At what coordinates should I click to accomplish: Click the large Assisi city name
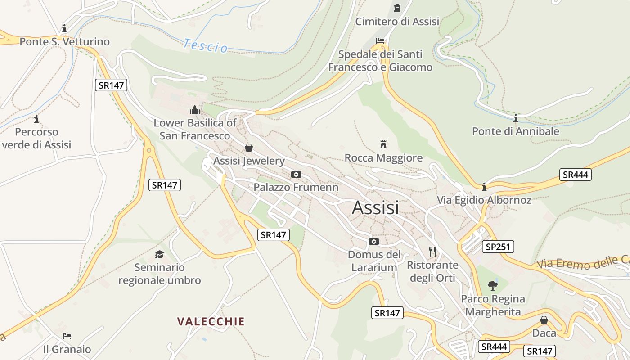[375, 207]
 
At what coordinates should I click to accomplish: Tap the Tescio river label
[206, 45]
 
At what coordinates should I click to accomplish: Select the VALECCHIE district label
[211, 321]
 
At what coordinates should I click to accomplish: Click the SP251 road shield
[498, 247]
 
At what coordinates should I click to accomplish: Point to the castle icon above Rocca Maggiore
[383, 144]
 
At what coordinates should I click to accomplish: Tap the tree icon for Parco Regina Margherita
[493, 285]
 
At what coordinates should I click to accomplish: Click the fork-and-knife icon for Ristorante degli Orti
[432, 251]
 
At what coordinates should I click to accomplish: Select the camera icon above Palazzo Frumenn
[296, 174]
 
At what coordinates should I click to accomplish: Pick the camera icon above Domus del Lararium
[373, 241]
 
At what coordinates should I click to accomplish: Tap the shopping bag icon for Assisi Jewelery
[249, 148]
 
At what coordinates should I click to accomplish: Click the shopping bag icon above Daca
[544, 320]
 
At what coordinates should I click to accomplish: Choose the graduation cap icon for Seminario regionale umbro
[159, 254]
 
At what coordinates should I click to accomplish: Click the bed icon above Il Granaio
[67, 336]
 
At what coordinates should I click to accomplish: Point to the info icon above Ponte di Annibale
[515, 118]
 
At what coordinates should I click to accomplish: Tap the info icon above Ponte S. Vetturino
[64, 28]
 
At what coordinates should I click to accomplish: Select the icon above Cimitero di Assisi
[397, 8]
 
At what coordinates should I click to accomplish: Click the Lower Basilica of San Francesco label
[195, 129]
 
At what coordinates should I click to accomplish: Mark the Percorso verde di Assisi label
[36, 138]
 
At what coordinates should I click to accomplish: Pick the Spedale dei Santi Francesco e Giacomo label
[380, 61]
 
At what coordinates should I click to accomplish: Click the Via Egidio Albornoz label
[484, 200]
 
